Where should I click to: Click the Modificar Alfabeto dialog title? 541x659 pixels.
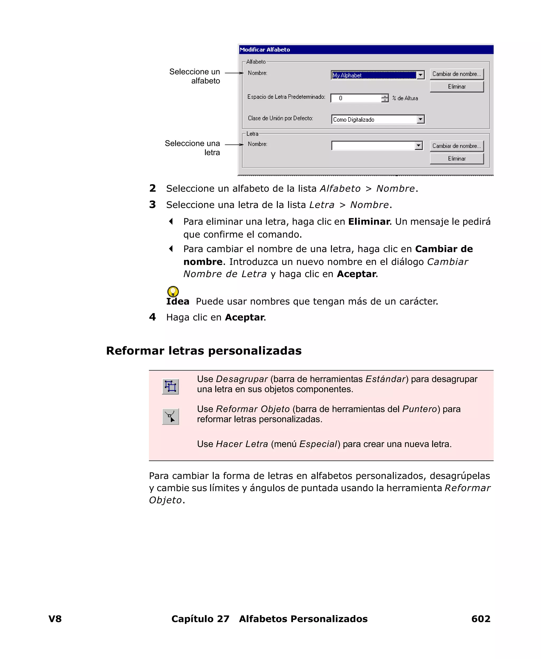[265, 50]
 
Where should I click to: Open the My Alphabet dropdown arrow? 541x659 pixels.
[420, 75]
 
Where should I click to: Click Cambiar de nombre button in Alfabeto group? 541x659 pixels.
[456, 74]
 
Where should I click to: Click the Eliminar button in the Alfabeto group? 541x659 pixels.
[456, 87]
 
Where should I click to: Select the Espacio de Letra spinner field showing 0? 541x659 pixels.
[356, 98]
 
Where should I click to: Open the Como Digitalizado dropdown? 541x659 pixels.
[420, 119]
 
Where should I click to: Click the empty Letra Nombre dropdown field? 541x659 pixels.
[373, 146]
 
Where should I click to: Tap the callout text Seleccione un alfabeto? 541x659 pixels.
[195, 76]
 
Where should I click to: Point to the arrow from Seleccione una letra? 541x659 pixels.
[234, 144]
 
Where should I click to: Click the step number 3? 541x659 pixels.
[152, 205]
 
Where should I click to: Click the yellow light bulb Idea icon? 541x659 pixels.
[173, 291]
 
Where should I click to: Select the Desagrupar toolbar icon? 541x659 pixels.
[170, 387]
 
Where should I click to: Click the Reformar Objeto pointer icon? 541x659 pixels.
[170, 416]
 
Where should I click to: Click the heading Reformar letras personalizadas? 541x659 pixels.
[204, 350]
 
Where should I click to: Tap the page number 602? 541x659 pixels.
[481, 619]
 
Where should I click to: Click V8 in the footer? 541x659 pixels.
[55, 619]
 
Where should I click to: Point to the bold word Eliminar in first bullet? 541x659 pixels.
[369, 221]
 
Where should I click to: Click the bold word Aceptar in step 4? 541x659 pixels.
[245, 317]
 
